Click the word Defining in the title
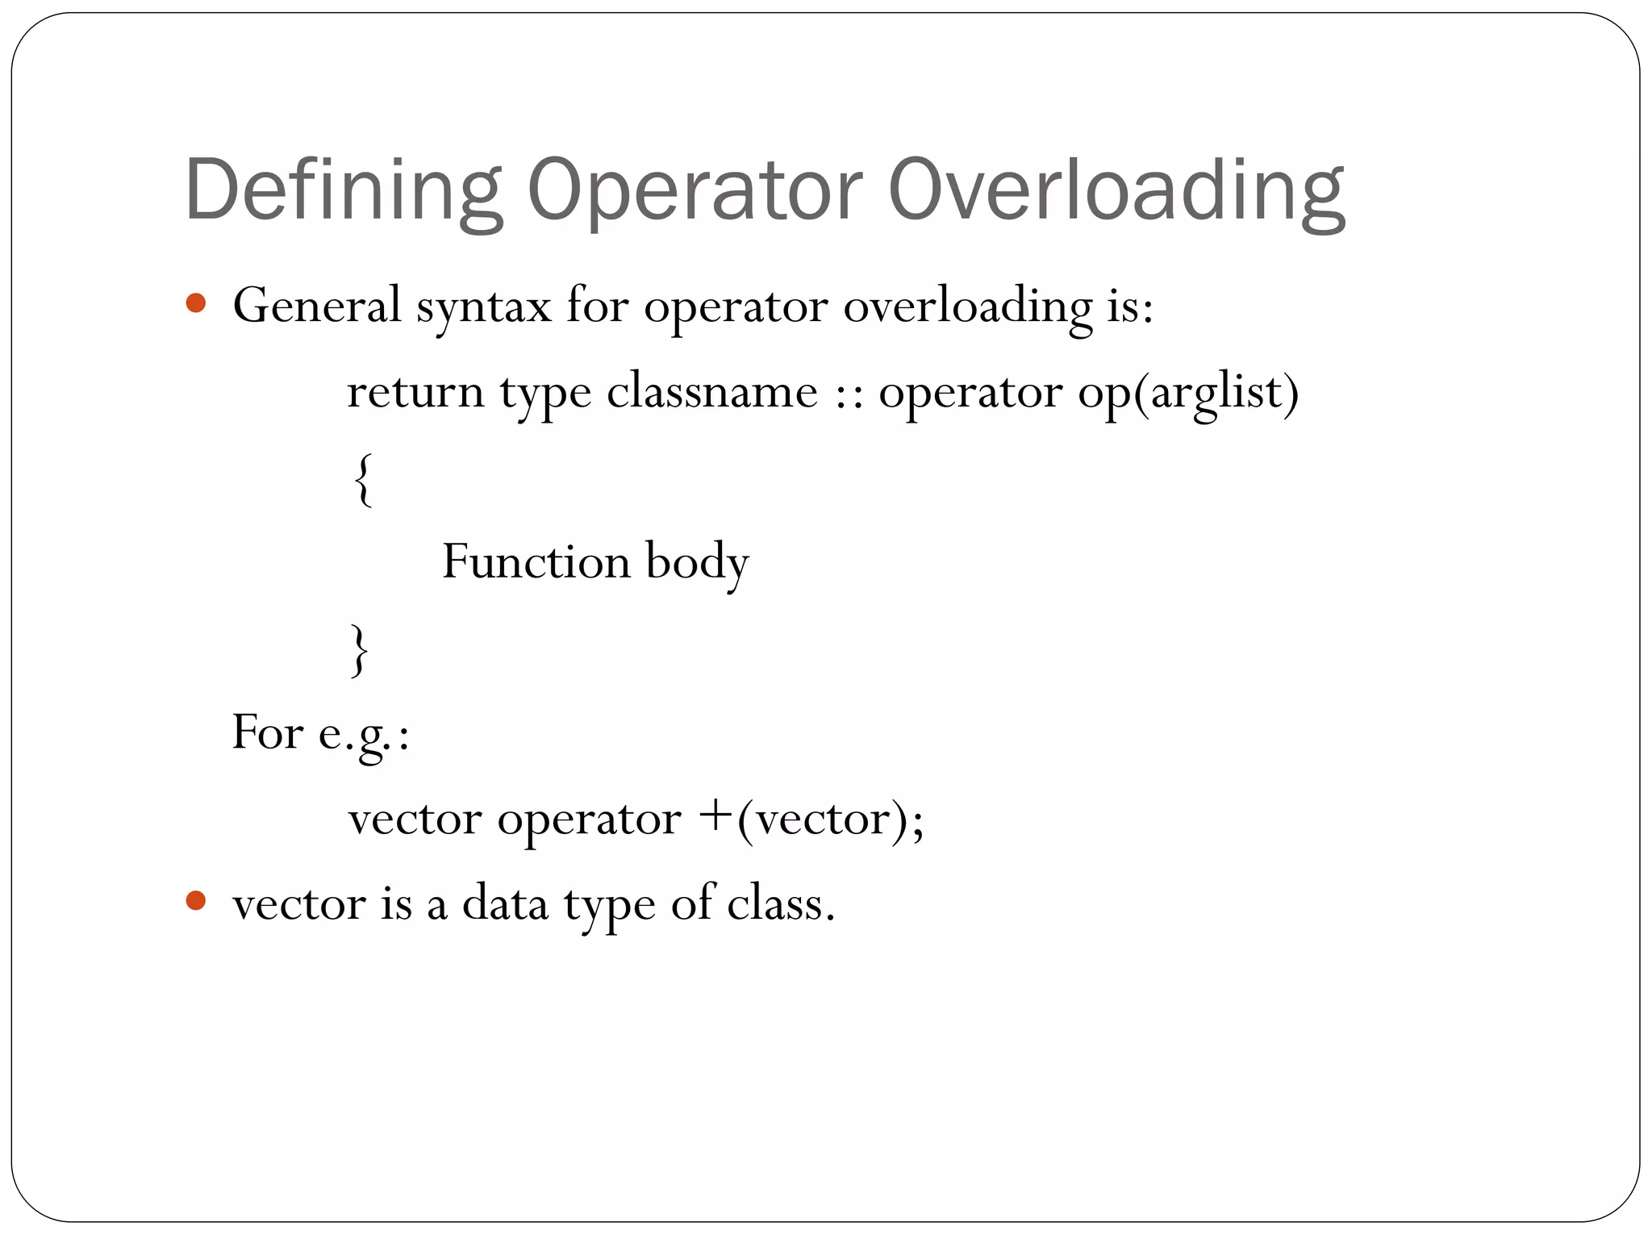(x=343, y=191)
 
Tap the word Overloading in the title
(x=1116, y=191)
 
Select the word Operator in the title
(x=695, y=191)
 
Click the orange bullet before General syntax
(x=196, y=304)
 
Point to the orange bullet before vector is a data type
(x=196, y=900)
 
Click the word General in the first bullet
(x=317, y=307)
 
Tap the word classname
(x=711, y=392)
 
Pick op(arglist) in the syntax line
(x=1188, y=394)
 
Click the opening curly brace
(x=364, y=479)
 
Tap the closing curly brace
(x=360, y=649)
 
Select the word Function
(x=536, y=561)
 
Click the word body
(x=697, y=563)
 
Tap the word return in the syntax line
(x=415, y=393)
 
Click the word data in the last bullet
(x=505, y=903)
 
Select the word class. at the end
(x=780, y=903)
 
